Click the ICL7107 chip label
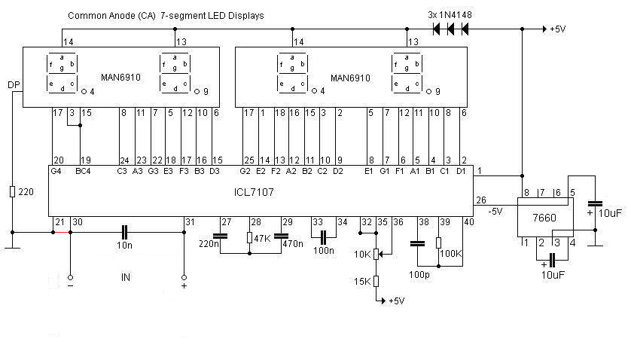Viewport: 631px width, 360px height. [253, 192]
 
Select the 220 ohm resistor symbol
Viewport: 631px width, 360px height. [13, 192]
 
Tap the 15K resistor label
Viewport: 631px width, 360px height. [363, 281]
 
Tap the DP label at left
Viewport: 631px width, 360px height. [14, 84]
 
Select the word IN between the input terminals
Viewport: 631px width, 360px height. [126, 277]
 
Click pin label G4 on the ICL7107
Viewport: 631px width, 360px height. [56, 171]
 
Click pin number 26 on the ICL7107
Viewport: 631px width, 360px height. [480, 200]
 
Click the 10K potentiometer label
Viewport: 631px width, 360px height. [363, 254]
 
